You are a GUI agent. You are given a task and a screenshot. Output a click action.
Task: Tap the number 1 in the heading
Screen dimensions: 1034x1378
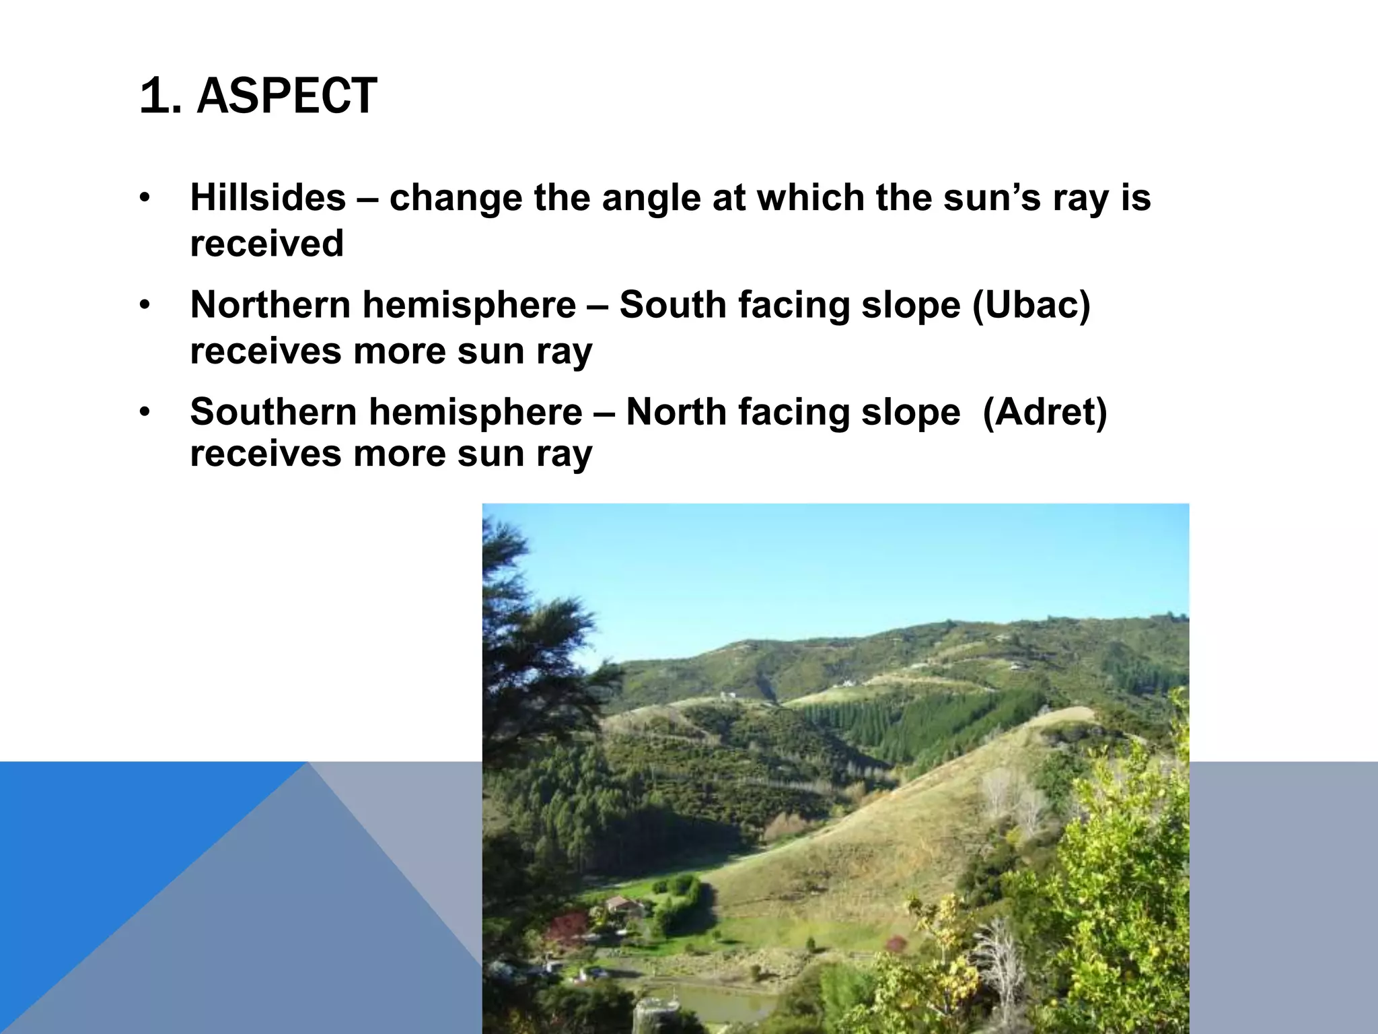153,96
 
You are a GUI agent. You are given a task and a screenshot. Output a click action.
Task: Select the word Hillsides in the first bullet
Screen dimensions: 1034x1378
268,198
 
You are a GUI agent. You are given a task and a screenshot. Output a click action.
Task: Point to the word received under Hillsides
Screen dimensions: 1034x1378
266,244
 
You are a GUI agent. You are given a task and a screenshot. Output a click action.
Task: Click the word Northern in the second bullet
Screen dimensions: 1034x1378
270,305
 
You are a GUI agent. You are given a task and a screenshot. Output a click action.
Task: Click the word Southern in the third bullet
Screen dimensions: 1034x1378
273,412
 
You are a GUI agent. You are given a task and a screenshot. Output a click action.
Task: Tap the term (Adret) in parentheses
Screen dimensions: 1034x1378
1044,412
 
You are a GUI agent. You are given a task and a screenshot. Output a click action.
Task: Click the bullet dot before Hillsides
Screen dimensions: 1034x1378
144,199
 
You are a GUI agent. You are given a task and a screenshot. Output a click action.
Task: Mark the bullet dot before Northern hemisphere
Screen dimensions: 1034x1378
144,306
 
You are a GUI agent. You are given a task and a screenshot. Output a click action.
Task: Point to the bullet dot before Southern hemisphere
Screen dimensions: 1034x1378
144,413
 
